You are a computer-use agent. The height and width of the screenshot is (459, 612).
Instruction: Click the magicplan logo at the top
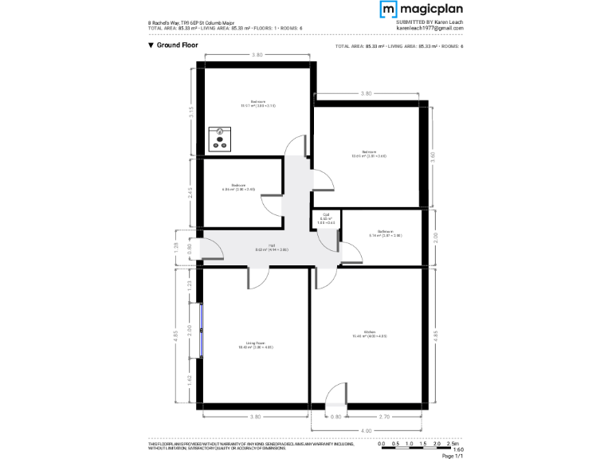point(421,10)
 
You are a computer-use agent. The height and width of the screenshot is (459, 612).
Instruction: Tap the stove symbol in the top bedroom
point(219,139)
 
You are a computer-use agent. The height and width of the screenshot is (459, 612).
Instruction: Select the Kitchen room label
point(363,335)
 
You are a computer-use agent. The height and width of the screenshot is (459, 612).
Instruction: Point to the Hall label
point(272,248)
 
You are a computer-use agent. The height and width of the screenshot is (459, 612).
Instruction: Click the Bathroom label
point(385,233)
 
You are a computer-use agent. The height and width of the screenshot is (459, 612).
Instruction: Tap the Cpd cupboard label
point(326,219)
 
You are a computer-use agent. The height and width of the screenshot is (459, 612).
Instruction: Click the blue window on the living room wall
point(201,329)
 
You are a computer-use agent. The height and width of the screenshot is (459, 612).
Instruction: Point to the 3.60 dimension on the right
point(433,156)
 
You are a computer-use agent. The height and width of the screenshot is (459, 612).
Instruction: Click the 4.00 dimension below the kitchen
point(366,431)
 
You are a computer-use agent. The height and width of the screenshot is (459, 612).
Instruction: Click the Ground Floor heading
point(173,45)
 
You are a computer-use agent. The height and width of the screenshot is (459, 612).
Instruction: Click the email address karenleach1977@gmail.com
point(430,28)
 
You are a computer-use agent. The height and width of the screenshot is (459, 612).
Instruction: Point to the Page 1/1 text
point(452,456)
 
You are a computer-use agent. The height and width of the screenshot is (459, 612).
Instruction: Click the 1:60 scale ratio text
point(457,449)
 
